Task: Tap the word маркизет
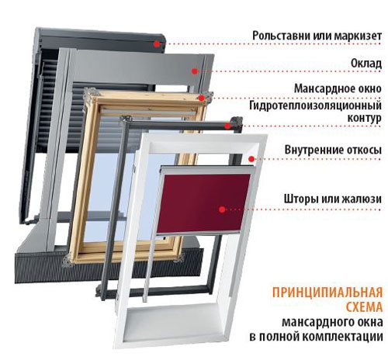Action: [x=358, y=36]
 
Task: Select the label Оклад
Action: [x=366, y=63]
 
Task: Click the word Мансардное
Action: [x=322, y=88]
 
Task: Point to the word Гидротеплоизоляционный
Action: [x=316, y=106]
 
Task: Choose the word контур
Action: [x=364, y=118]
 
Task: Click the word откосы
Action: [x=363, y=150]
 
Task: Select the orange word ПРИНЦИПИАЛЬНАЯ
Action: [x=327, y=292]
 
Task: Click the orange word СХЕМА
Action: [x=364, y=307]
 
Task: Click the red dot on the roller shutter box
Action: [x=156, y=44]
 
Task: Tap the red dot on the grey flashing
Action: [x=195, y=71]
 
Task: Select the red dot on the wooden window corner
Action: [x=202, y=98]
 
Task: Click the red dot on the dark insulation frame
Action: [x=227, y=126]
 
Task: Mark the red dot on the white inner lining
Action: [x=251, y=159]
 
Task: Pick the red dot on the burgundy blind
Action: [x=222, y=209]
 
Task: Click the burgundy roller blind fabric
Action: [x=204, y=202]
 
